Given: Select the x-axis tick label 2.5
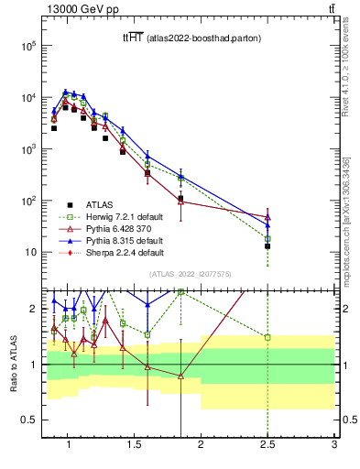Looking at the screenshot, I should click(x=267, y=446).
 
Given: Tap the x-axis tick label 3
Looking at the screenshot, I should click(x=334, y=446).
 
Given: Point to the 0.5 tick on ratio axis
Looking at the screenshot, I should click(x=27, y=420).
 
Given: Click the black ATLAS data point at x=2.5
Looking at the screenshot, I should click(x=267, y=246).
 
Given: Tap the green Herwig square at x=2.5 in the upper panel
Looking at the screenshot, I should click(x=267, y=238).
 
